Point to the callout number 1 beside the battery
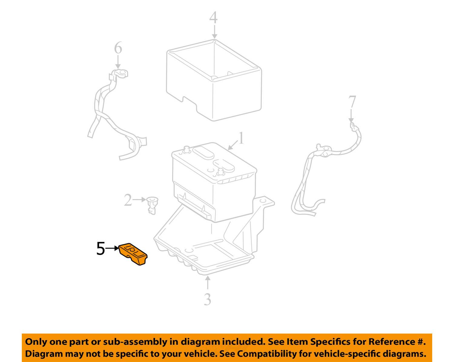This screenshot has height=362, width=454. [241, 138]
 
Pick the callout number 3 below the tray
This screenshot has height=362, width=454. [208, 299]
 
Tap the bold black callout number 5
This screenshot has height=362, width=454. [100, 249]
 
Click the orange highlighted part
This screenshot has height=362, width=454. [133, 254]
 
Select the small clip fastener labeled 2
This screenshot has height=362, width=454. [152, 205]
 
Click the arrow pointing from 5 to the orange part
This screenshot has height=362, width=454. [112, 248]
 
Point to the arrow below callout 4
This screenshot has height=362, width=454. [214, 32]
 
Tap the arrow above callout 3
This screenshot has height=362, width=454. [208, 282]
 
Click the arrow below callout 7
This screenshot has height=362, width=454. [351, 115]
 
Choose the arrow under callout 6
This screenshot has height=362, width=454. [118, 62]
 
